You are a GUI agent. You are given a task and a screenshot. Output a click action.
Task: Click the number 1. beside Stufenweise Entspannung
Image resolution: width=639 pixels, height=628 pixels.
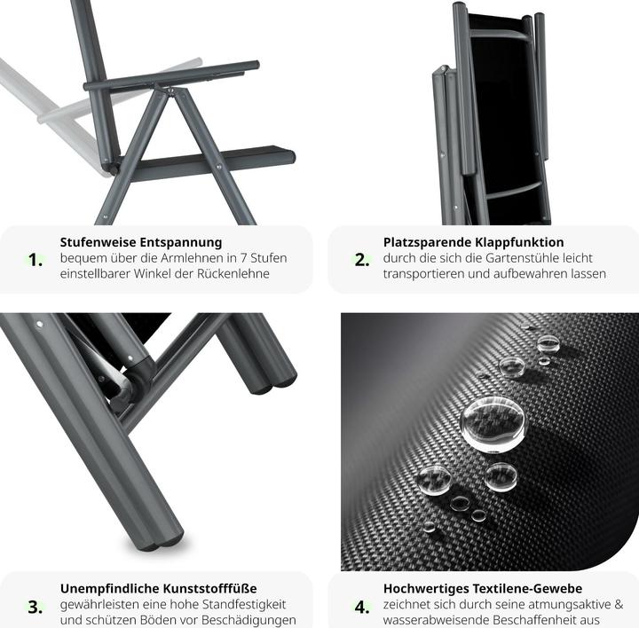tap(35, 260)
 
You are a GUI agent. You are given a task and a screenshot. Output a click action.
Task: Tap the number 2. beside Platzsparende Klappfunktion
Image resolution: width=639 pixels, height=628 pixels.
tap(362, 260)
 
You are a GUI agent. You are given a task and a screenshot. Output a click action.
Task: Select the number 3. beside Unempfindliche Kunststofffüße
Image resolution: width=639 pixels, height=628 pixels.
tap(35, 607)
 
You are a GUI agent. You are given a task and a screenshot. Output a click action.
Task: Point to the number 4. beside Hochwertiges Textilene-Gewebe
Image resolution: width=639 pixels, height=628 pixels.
tap(362, 607)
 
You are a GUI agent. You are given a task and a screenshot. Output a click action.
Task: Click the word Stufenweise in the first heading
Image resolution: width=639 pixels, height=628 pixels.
tap(99, 242)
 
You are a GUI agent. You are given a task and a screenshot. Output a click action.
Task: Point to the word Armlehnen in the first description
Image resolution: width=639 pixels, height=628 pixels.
tap(191, 258)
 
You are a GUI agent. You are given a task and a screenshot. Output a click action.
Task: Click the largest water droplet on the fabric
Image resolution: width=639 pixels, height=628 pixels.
tap(493, 424)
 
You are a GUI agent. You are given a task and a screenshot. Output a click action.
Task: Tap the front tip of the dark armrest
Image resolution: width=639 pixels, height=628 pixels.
tap(255, 65)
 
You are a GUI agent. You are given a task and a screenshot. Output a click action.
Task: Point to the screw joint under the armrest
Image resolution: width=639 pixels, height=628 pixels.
tap(170, 90)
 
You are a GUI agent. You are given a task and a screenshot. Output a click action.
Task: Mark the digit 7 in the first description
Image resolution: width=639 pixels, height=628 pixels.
tap(243, 258)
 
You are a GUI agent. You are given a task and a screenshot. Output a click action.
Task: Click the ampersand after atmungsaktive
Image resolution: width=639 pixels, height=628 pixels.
tap(619, 604)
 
